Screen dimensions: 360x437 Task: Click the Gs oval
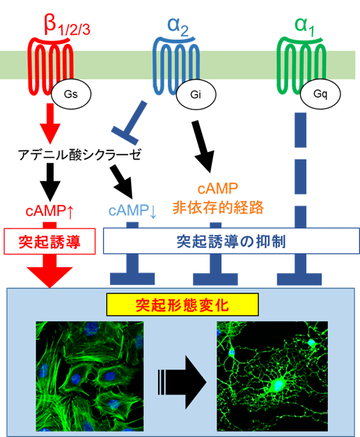pos(71,94)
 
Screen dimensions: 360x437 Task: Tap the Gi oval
pos(196,95)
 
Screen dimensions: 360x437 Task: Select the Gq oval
pos(320,94)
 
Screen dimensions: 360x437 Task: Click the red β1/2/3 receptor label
pos(67,26)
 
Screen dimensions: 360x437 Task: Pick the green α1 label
pos(304,26)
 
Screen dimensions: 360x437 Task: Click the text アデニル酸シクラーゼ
pos(80,155)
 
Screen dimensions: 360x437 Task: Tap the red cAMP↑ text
pos(49,211)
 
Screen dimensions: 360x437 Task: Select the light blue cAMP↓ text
pos(132,210)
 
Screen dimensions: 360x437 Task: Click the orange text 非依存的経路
pos(218,208)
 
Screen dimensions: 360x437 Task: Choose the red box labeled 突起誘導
pos(49,241)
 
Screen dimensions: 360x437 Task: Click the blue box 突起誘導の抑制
pos(231,241)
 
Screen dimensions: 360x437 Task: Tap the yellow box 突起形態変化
pos(182,305)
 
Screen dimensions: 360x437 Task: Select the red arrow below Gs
pos(50,123)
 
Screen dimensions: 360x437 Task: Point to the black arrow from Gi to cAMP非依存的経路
pos(203,146)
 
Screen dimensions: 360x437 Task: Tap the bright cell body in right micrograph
pos(276,385)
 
